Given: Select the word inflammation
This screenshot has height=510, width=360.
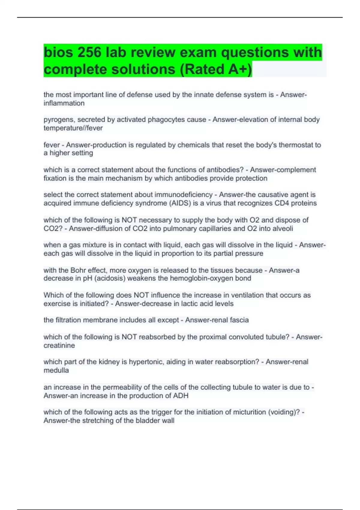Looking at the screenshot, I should coord(64,103).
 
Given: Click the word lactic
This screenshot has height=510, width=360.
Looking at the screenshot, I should coord(184,304).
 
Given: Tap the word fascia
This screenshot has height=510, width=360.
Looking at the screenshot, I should coord(239,320).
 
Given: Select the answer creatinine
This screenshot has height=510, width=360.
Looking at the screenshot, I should coord(59,346).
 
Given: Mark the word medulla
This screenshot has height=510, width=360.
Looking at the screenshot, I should coord(56,370).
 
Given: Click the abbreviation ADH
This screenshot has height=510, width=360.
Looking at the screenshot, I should coord(181,396).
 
